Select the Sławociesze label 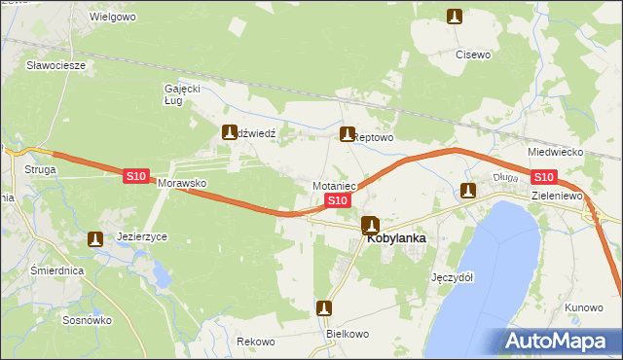click(x=56, y=65)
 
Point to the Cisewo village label click(x=473, y=54)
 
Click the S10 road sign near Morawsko click(x=135, y=176)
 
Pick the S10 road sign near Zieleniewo click(x=543, y=177)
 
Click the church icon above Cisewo click(x=454, y=16)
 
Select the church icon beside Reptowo click(x=346, y=134)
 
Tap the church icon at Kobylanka click(x=370, y=226)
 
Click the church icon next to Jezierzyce click(x=94, y=238)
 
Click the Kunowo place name click(x=583, y=307)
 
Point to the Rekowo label click(x=256, y=342)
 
